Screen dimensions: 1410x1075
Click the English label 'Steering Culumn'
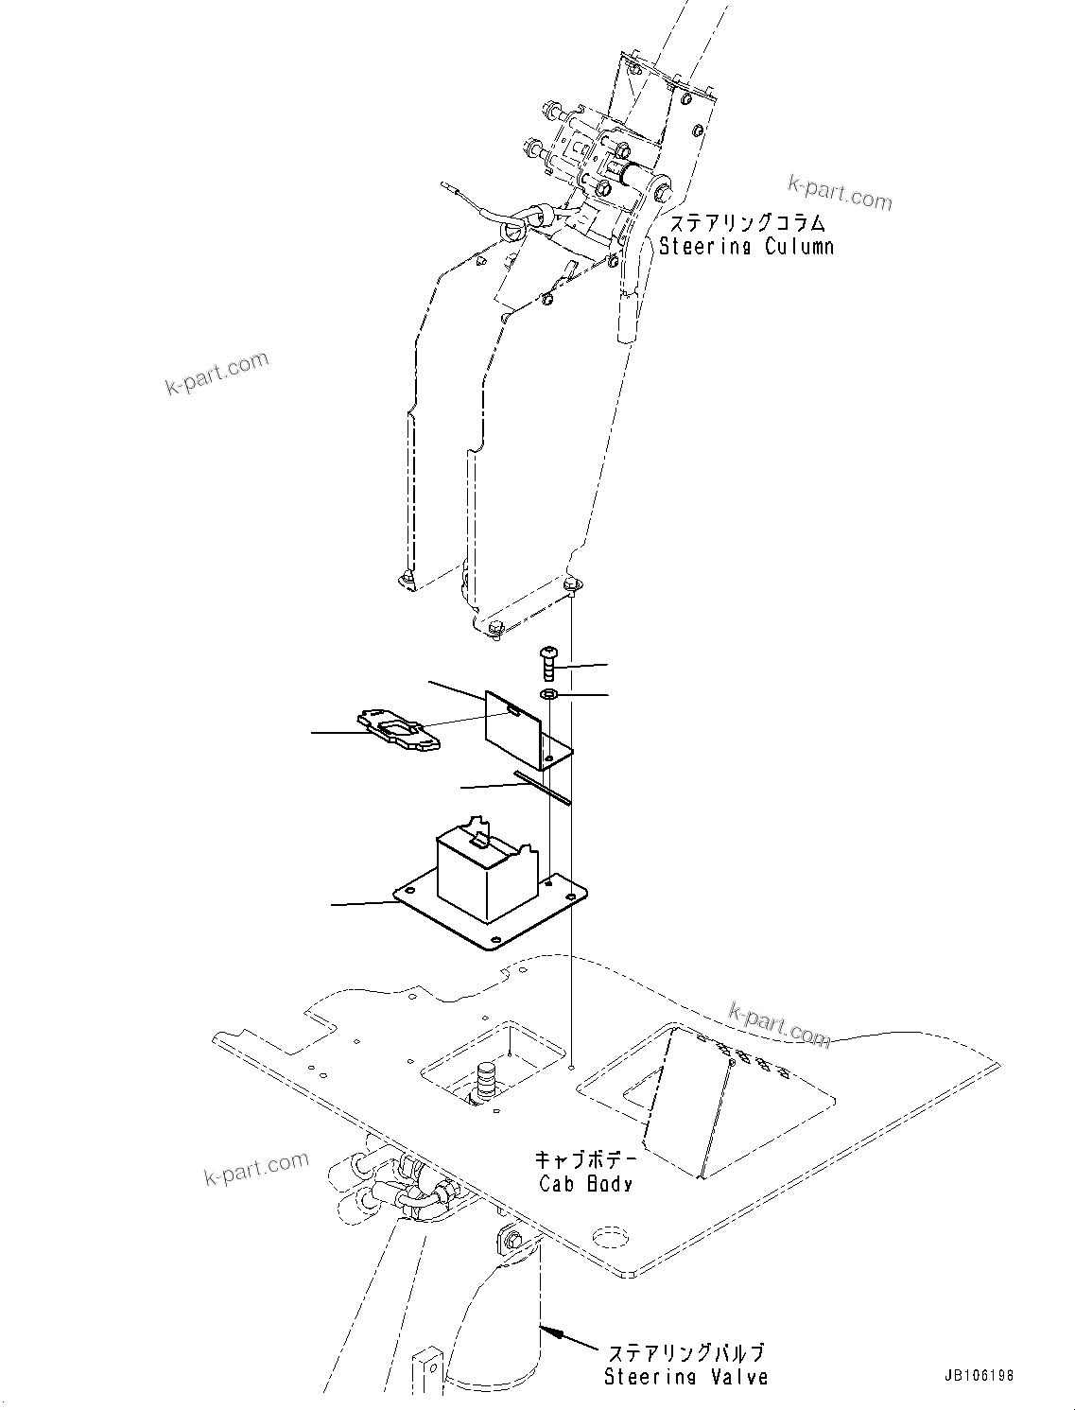(746, 247)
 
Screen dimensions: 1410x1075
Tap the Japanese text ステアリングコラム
(747, 223)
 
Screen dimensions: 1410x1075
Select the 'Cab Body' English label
(585, 1183)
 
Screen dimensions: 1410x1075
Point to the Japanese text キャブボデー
(586, 1159)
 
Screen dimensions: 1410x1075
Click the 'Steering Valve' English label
(685, 1377)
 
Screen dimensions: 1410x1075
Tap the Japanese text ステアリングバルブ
(685, 1353)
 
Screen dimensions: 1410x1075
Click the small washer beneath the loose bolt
(549, 696)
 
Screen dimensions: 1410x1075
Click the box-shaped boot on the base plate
(478, 864)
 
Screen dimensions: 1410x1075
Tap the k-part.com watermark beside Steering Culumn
(840, 192)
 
